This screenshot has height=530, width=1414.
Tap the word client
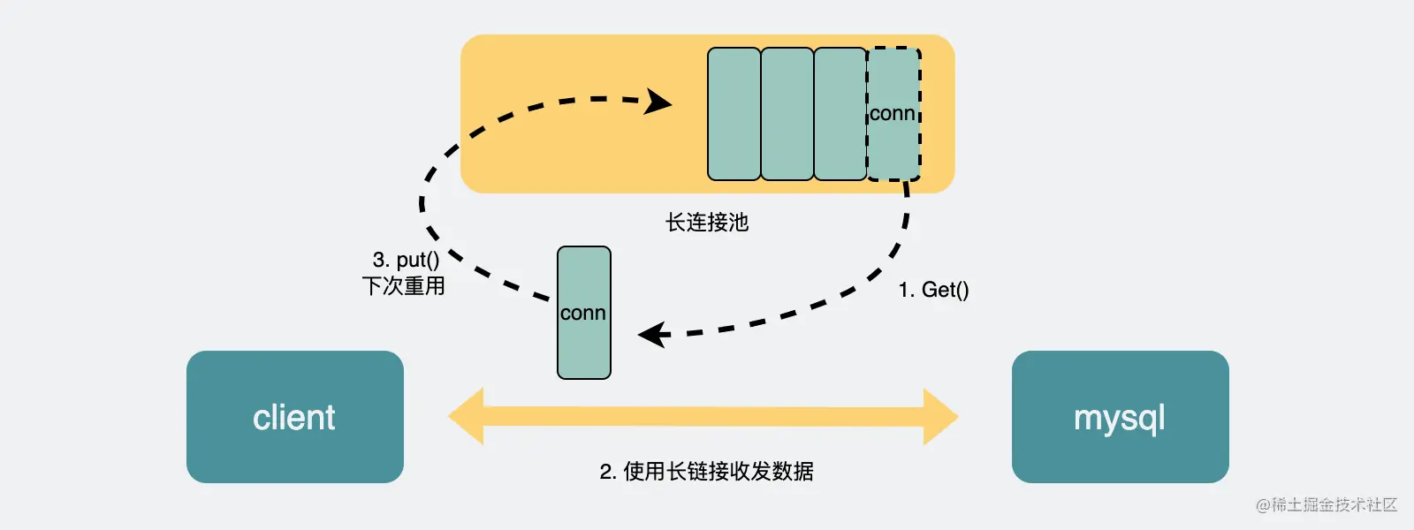294,417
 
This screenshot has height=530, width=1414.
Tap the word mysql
1119,418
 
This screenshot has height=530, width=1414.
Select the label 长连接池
707,223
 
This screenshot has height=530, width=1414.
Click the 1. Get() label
933,290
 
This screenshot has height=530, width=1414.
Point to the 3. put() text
406,260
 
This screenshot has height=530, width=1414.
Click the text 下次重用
403,286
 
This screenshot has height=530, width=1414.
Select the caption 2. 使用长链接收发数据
706,472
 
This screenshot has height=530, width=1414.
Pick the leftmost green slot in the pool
734,114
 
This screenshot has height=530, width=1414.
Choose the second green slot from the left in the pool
787,114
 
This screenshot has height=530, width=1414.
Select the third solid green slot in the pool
840,114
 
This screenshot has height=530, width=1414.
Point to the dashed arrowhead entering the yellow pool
658,102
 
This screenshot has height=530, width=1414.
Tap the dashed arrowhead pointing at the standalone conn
652,335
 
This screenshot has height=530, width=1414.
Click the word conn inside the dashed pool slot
892,113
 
